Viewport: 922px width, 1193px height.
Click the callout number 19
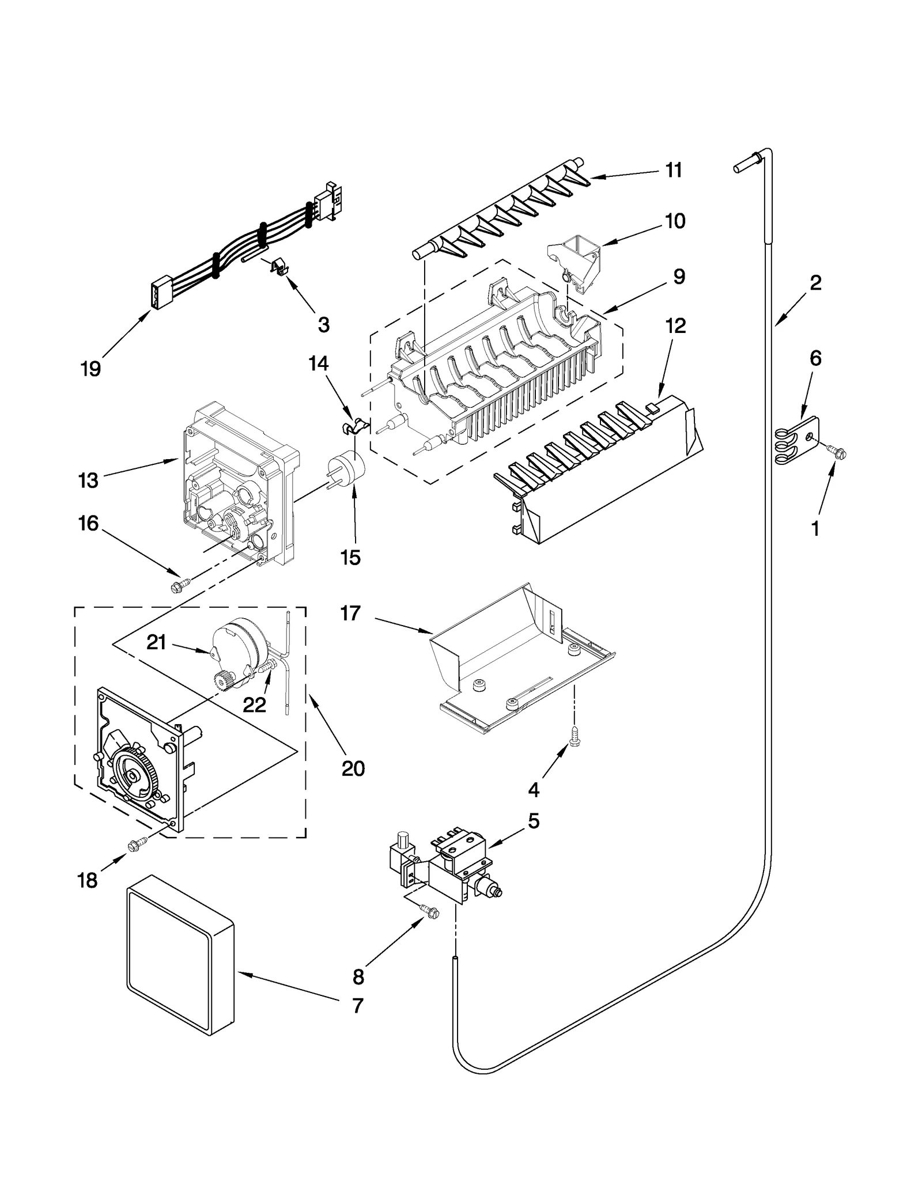[90, 369]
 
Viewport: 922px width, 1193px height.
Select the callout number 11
[674, 171]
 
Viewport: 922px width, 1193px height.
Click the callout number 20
[353, 768]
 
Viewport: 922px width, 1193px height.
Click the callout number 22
[254, 705]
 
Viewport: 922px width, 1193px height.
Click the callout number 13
[88, 480]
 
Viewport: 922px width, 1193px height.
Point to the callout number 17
[350, 614]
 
